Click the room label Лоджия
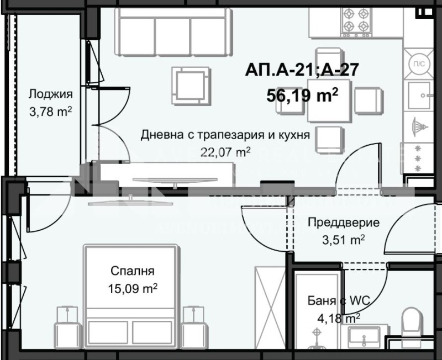(x=50, y=93)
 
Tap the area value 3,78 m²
(x=50, y=111)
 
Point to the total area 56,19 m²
(x=302, y=96)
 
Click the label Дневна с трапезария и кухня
(x=225, y=135)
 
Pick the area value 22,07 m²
(x=225, y=152)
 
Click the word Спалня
(x=132, y=271)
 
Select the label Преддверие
(x=343, y=223)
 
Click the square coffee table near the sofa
(x=190, y=86)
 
